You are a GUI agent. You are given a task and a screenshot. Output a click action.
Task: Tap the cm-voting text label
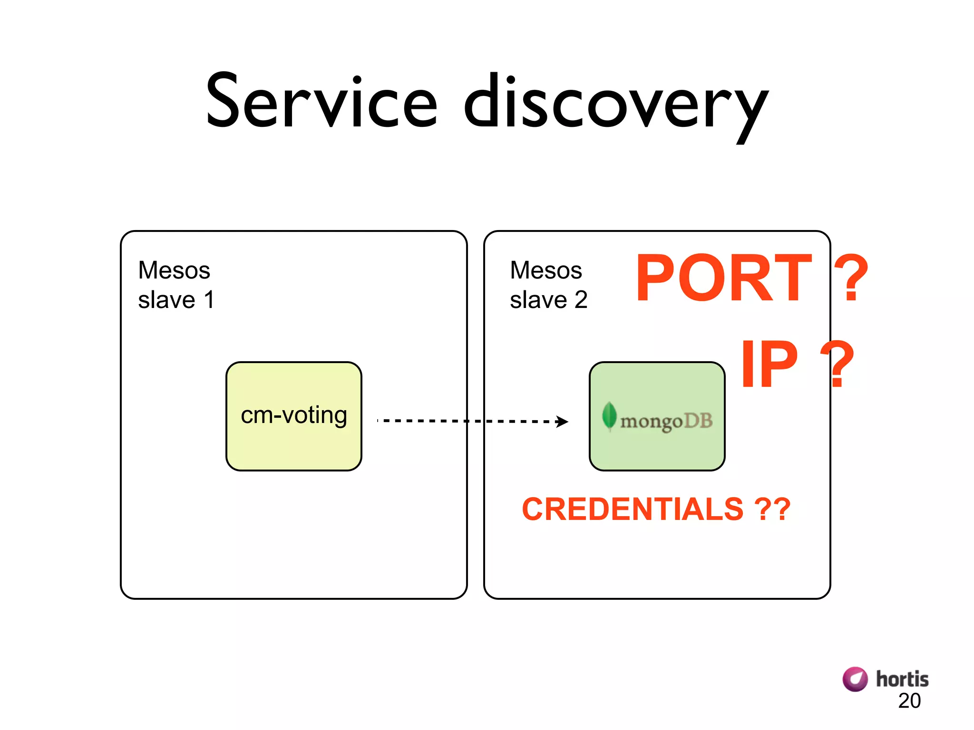(x=294, y=415)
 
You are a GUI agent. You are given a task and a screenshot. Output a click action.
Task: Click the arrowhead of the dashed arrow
(x=562, y=422)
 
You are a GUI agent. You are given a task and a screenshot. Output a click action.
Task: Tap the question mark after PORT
(x=851, y=279)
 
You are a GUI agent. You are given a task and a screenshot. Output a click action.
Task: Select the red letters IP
(x=769, y=365)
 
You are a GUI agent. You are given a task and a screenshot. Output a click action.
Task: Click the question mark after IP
(x=837, y=365)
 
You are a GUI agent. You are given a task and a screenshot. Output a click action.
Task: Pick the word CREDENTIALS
(x=633, y=509)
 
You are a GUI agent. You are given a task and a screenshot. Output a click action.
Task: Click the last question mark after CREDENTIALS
(x=781, y=509)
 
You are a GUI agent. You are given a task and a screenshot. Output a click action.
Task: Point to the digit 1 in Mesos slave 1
(x=209, y=300)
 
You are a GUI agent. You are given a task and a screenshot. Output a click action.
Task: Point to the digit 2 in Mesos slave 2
(x=581, y=300)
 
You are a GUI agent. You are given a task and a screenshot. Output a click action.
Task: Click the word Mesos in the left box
(x=174, y=270)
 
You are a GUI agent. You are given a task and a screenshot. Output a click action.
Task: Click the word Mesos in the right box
(x=546, y=270)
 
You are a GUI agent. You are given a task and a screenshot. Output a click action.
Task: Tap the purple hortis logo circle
(x=855, y=679)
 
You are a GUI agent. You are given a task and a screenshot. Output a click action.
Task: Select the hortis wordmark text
(x=902, y=679)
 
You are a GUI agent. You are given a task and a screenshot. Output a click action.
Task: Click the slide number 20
(x=909, y=701)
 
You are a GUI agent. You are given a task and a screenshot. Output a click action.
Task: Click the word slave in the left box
(x=166, y=300)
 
